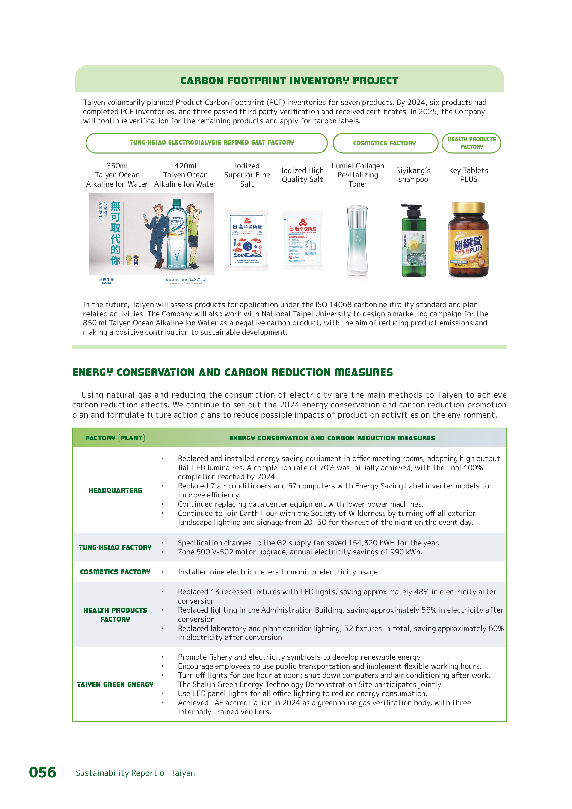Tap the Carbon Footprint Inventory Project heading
(289, 81)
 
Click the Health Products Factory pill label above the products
(472, 143)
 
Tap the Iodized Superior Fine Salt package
(247, 240)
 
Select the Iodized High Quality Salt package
(302, 240)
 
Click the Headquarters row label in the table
(115, 491)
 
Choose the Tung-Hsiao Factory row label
(115, 547)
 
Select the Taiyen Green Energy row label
(115, 684)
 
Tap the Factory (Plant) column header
(115, 438)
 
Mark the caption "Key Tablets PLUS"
(468, 175)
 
